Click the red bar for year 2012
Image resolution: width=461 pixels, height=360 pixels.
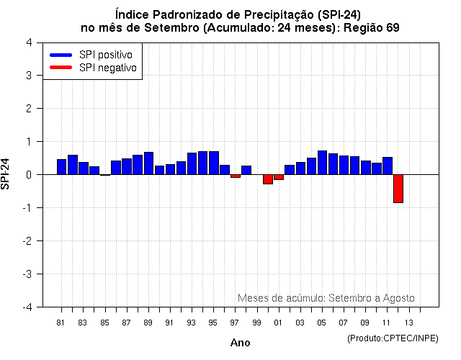[x=398, y=189]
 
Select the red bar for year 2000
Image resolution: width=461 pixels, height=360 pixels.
[x=267, y=179]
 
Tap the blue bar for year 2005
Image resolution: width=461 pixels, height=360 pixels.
[x=322, y=163]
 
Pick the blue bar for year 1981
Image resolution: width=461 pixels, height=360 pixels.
[x=61, y=167]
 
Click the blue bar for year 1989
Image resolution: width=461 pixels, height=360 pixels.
[x=148, y=163]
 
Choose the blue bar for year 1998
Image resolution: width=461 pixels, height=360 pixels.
[x=246, y=170]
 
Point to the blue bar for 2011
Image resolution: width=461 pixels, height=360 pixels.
[x=387, y=166]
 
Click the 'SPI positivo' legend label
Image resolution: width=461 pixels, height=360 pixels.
[x=109, y=55]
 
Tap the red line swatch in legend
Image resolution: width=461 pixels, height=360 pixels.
[x=61, y=68]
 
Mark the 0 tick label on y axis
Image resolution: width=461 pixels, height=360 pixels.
[x=28, y=175]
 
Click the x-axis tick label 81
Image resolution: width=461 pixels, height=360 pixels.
[x=61, y=323]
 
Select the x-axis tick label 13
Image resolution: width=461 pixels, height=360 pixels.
[x=408, y=323]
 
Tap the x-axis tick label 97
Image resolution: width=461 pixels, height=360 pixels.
[x=235, y=323]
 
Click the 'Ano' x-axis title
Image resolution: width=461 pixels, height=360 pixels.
[x=240, y=343]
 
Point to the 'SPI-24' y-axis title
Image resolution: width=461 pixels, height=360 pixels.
[x=6, y=174]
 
